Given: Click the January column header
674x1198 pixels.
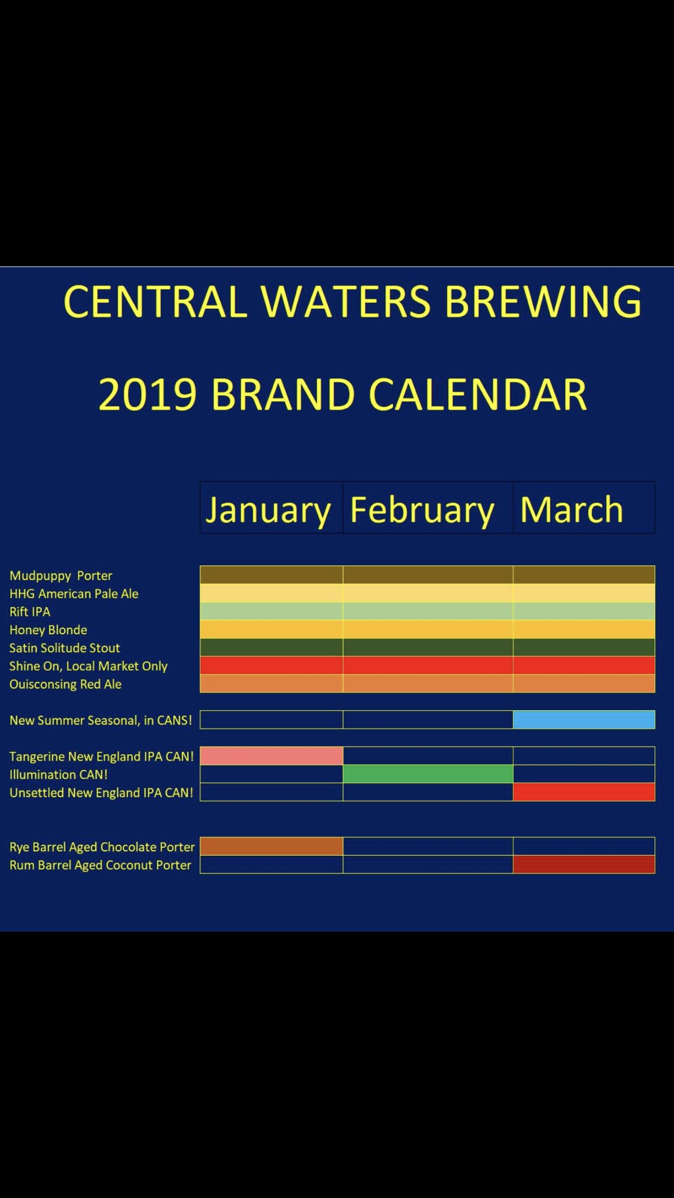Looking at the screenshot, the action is tap(268, 510).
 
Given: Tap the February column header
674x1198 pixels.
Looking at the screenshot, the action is tap(422, 510).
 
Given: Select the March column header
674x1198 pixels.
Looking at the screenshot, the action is tap(572, 509).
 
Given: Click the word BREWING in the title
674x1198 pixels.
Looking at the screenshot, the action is tap(543, 302).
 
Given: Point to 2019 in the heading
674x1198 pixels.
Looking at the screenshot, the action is tap(147, 394).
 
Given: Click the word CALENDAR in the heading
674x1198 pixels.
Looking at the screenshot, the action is tap(478, 394).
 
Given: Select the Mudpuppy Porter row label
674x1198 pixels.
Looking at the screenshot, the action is tap(61, 576).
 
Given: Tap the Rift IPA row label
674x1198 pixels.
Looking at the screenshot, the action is tap(30, 612).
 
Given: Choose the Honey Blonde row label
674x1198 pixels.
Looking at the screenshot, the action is tap(48, 630).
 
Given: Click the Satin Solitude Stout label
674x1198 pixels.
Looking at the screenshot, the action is tap(64, 648).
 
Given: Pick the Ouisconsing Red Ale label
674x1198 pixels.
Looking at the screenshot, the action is tap(66, 684).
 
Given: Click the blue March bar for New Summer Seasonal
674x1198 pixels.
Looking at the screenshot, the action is tap(584, 720).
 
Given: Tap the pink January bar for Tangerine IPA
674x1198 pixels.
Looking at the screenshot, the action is tap(271, 756).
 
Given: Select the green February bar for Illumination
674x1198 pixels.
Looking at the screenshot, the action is tap(428, 774).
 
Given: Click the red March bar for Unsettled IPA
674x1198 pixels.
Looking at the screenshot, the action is tap(584, 792).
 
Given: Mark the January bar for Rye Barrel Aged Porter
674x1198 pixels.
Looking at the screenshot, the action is tap(271, 846).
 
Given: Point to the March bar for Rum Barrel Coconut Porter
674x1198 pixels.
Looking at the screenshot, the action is tap(584, 865).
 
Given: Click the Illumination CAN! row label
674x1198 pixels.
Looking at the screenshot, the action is tap(59, 774).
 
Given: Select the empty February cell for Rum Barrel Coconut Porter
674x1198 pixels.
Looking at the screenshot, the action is tap(428, 865).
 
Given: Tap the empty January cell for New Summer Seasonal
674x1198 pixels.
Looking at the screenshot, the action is tap(271, 720).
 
